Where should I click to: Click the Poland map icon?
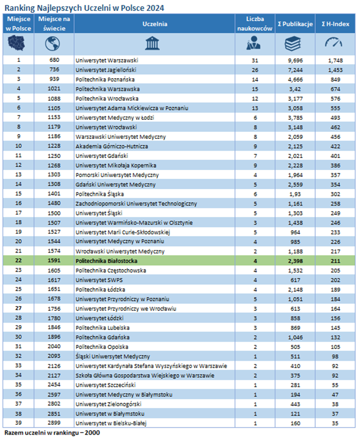pos(16,44)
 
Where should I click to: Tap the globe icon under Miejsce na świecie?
pos(52,44)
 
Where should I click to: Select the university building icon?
pos(152,43)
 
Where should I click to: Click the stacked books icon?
pos(293,44)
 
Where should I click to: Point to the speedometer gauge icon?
pos(333,42)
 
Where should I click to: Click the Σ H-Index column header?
pos(335,24)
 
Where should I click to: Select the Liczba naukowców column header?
pos(255,24)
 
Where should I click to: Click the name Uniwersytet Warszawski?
pos(107,60)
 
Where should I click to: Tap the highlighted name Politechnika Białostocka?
pos(107,261)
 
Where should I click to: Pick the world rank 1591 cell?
pos(54,260)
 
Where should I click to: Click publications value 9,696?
pos(295,60)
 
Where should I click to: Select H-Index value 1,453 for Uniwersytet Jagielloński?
pos(335,70)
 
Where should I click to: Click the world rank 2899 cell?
pos(54,423)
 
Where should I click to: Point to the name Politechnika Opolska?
pos(102,347)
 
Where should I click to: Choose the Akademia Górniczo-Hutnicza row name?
pos(111,147)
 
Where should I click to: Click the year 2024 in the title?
pos(155,8)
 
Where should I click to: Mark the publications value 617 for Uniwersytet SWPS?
pos(295,280)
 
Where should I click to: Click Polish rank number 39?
pos(19,423)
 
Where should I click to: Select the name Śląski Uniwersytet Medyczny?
pos(113,357)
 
